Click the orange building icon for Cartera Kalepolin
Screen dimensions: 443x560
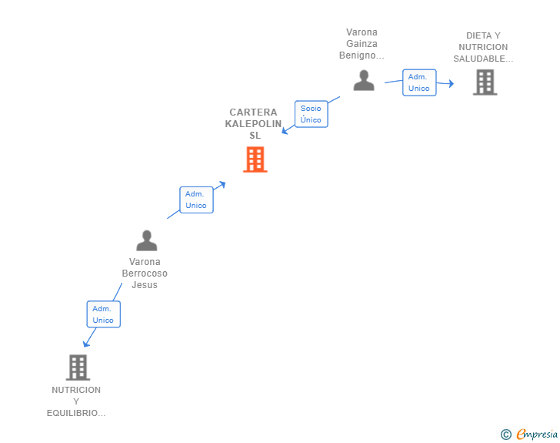coord(255,159)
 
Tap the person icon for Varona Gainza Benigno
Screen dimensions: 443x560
coord(364,80)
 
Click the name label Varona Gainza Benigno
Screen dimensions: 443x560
coord(362,44)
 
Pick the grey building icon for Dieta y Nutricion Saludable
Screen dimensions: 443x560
coord(485,82)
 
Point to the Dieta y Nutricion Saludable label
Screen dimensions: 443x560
coord(482,47)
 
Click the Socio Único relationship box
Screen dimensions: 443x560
coord(311,114)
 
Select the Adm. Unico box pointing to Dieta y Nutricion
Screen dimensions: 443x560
coord(419,82)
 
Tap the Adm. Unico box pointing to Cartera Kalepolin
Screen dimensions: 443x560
coord(196,200)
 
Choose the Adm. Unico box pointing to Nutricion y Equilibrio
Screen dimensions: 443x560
coord(103,314)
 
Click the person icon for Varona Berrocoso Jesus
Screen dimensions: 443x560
coord(146,241)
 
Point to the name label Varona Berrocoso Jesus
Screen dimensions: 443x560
coord(145,274)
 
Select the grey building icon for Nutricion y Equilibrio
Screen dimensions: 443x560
coord(78,367)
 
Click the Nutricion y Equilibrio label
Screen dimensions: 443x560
coord(76,401)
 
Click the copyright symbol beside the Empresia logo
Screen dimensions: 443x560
coord(505,435)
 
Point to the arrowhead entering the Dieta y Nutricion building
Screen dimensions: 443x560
coord(451,85)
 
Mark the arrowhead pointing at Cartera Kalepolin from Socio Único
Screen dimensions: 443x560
coord(284,131)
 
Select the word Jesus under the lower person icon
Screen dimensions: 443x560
coord(145,285)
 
